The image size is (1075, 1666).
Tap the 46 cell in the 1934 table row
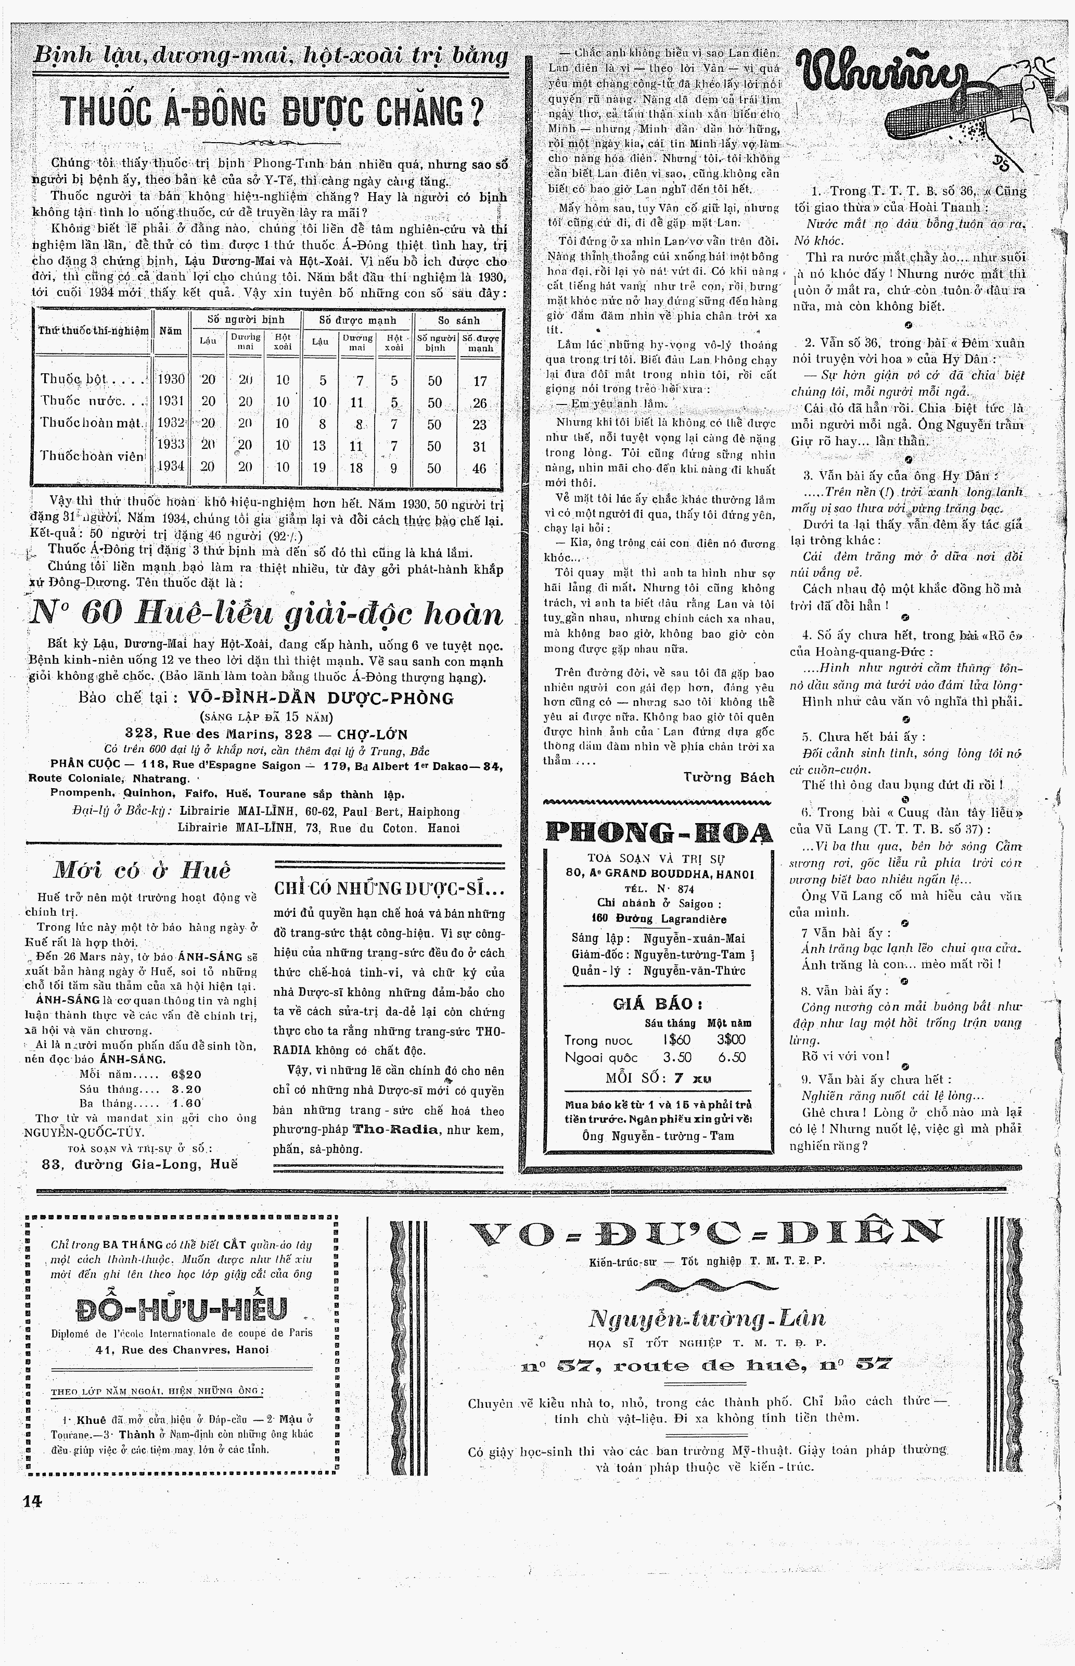click(479, 469)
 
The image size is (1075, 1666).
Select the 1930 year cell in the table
click(171, 380)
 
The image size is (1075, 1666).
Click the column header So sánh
click(458, 321)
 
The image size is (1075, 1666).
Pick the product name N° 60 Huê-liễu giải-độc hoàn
click(266, 614)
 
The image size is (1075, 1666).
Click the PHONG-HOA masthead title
click(658, 833)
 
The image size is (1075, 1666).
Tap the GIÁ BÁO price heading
click(657, 1004)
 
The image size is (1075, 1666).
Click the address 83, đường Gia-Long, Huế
click(139, 1164)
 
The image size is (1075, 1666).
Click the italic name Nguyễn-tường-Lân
click(707, 1318)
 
